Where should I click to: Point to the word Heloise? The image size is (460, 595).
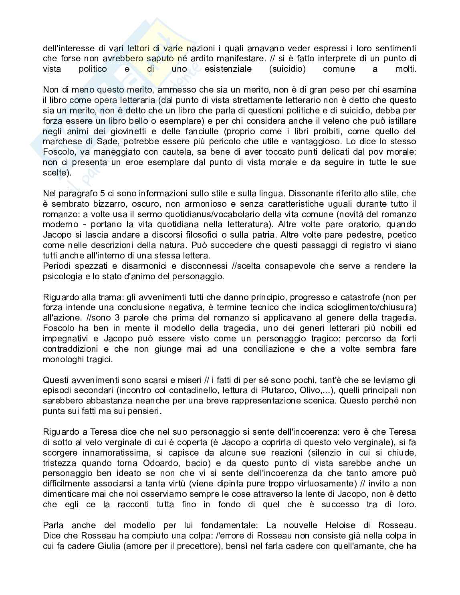coord(337,525)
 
